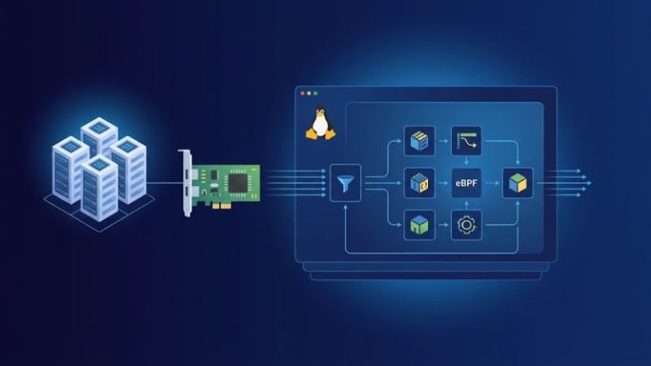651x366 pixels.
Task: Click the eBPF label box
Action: (466, 183)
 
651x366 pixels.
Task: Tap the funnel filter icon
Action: (346, 183)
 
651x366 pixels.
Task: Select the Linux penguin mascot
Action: (320, 122)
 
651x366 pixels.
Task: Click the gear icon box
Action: (466, 225)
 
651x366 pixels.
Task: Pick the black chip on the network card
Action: (238, 183)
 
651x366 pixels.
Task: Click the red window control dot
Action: (303, 93)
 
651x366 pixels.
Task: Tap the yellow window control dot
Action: (309, 93)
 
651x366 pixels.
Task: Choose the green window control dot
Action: (315, 93)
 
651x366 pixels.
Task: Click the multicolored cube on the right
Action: (518, 183)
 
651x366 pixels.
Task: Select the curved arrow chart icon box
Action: (466, 141)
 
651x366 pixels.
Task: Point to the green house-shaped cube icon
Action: (420, 225)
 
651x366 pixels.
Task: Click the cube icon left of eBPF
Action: (420, 183)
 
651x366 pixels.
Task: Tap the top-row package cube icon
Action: (420, 141)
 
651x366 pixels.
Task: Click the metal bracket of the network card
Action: (186, 183)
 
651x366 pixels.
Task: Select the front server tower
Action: (98, 188)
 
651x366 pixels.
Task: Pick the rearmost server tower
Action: (99, 137)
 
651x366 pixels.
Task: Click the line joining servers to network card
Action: (164, 183)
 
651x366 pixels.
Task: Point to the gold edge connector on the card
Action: (221, 205)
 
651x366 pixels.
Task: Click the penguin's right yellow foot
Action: (330, 134)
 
